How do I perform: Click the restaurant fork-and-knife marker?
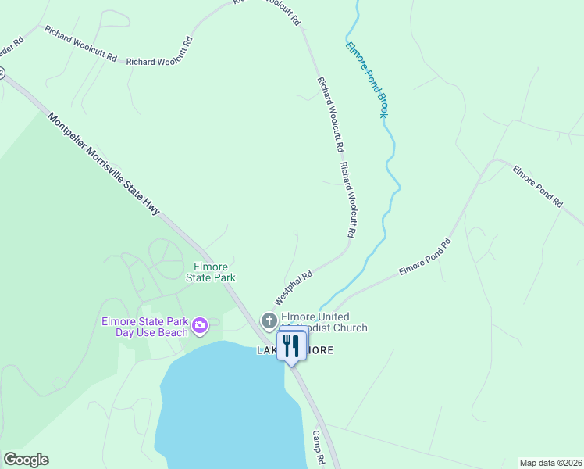(292, 346)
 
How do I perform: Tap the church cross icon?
(269, 320)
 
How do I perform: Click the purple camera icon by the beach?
(200, 325)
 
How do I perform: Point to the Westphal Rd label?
(294, 288)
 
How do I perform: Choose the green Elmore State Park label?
(210, 271)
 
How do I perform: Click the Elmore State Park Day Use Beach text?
(144, 327)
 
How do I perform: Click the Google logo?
(26, 460)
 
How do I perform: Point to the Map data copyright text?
(550, 462)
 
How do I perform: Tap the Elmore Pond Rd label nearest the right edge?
(537, 185)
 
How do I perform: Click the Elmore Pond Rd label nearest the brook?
(426, 256)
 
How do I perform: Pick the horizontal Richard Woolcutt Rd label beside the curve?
(159, 61)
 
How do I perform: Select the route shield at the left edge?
(2, 73)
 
